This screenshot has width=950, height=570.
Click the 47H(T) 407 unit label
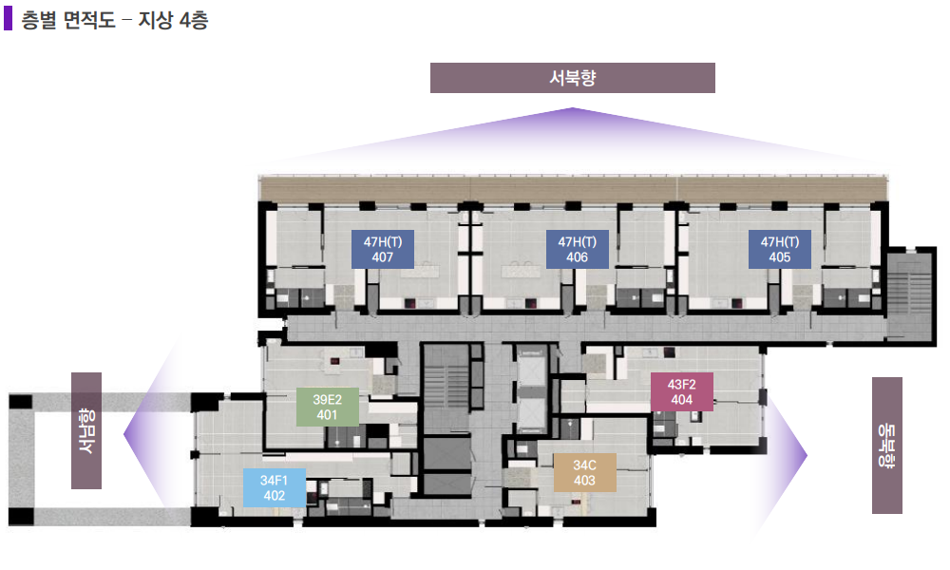coord(383,249)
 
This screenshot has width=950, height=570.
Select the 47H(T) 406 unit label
coord(578,249)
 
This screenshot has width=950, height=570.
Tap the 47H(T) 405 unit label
coord(780,249)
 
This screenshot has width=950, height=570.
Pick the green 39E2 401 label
coord(327,407)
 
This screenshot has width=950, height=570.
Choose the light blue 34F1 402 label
coord(275,487)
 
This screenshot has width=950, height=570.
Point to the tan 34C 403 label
coord(584,472)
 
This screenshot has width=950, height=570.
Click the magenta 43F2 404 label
coord(681,392)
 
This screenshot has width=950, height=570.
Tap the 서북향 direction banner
coord(573,78)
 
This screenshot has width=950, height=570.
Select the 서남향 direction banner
coord(86,430)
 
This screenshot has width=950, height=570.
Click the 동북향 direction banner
coord(887,446)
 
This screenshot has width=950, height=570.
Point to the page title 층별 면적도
coord(67,20)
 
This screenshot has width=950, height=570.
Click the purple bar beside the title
coord(8,18)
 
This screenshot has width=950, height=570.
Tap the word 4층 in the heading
coord(194,20)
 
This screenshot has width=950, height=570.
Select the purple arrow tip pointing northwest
coord(573,107)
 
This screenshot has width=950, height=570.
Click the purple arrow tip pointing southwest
coord(124,434)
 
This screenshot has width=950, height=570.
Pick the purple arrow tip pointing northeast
coord(807,455)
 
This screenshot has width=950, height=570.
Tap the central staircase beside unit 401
coord(446,388)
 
